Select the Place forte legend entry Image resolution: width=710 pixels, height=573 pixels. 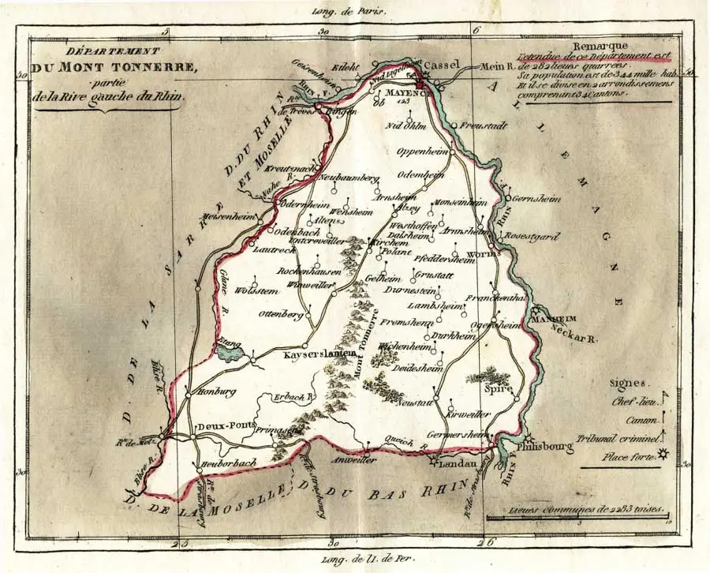click(631, 456)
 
